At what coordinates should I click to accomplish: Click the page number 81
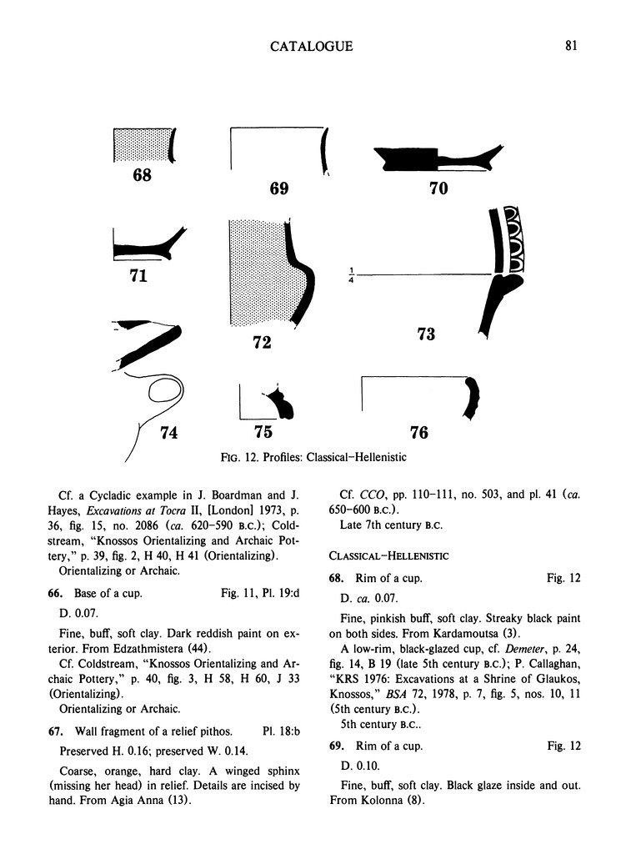point(570,46)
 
